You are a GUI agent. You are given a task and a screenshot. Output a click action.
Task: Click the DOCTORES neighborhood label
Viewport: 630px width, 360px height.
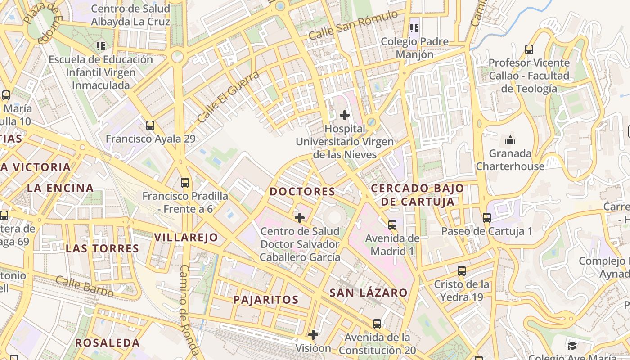[302, 192]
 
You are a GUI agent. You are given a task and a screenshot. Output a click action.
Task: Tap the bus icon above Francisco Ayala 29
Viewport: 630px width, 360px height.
[150, 126]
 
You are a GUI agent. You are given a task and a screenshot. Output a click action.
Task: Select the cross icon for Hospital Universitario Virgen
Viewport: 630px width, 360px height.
[345, 115]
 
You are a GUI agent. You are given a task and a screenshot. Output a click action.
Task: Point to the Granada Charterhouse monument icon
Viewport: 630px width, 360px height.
[510, 140]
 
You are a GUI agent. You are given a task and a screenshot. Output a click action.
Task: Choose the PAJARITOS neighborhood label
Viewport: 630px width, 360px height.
[266, 300]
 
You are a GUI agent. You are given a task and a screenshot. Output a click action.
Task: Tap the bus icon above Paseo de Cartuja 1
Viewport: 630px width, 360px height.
[487, 218]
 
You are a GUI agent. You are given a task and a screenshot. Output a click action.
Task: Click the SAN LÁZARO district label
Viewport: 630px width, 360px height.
[369, 293]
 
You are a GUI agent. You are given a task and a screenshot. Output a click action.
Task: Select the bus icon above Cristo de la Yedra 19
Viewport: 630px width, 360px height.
[462, 271]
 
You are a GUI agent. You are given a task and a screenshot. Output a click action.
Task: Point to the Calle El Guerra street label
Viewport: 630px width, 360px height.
[229, 97]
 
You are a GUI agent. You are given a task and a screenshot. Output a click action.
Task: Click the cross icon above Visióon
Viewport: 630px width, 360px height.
[313, 335]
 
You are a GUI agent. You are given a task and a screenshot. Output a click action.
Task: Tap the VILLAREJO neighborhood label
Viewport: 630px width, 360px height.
[186, 238]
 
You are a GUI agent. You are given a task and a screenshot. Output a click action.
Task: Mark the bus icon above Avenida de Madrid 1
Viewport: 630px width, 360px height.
[392, 225]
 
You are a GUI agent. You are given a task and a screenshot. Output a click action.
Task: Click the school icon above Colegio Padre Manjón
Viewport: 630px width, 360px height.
[414, 28]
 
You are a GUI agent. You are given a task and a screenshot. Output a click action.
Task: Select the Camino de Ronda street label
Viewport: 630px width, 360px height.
[189, 310]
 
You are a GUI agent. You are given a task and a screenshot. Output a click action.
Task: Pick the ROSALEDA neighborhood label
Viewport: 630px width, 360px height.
[108, 343]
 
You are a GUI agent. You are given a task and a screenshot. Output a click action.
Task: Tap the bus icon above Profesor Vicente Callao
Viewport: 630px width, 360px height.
[529, 49]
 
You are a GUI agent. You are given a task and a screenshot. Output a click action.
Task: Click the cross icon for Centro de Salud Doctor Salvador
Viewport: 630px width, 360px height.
[300, 218]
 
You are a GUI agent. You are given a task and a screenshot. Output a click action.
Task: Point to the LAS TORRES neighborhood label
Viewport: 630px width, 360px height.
[103, 249]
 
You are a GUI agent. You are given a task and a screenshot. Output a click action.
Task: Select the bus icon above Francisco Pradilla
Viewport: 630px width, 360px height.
[185, 183]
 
